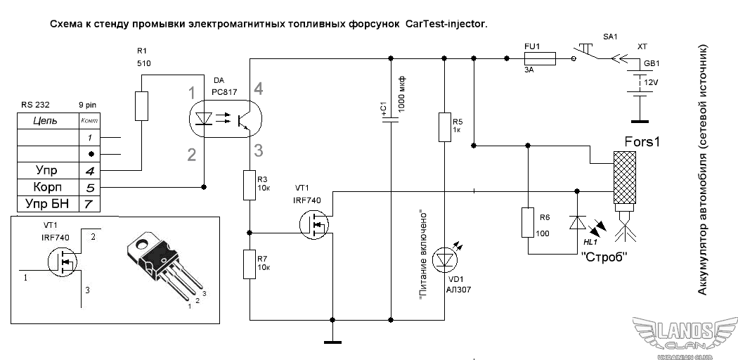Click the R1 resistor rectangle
pyautogui.click(x=142, y=105)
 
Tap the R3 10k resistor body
pyautogui.click(x=250, y=185)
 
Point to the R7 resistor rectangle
pyautogui.click(x=250, y=263)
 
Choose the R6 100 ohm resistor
pyautogui.click(x=526, y=223)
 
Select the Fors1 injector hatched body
pyautogui.click(x=623, y=176)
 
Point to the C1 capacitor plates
pyautogui.click(x=391, y=120)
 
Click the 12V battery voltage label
pyautogui.click(x=652, y=82)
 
